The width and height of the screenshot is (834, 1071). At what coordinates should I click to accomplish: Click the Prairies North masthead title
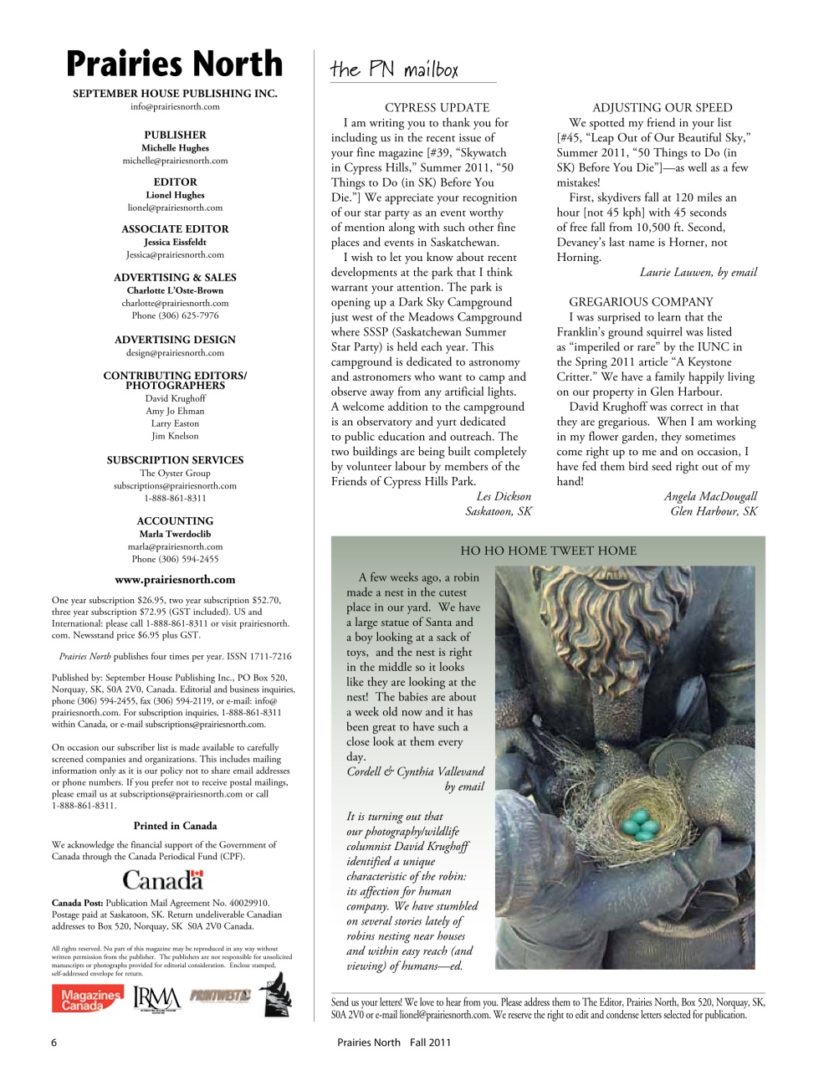pos(175,64)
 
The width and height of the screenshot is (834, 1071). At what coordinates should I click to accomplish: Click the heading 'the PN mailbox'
pos(394,69)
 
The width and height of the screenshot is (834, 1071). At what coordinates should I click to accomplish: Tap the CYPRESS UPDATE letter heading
pos(437,107)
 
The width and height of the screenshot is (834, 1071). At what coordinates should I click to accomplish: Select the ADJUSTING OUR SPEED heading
pos(662,107)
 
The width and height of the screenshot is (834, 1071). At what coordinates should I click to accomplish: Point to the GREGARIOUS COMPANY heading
pos(641,301)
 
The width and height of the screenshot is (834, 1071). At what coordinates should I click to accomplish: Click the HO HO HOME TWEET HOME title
pos(548,551)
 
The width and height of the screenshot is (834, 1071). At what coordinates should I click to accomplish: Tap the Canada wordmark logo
pos(163,879)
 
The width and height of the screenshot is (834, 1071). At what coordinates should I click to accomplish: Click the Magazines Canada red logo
pos(87,999)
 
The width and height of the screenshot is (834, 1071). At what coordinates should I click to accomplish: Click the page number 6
pos(54,1043)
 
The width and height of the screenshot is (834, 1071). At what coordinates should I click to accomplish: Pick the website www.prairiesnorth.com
pos(175,579)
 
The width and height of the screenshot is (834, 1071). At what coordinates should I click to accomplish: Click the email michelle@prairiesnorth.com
pos(175,161)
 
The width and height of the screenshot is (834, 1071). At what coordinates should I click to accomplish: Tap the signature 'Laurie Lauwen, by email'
pos(698,272)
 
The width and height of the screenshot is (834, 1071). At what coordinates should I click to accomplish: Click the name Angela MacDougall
pos(710,496)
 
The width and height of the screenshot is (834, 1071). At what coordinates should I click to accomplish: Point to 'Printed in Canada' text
pos(175,826)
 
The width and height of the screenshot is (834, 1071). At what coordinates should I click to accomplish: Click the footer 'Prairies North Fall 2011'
pos(394,1043)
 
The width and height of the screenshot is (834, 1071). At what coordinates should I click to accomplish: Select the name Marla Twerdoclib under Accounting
pos(175,534)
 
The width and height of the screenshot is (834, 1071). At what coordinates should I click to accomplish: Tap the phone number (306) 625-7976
pos(175,315)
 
